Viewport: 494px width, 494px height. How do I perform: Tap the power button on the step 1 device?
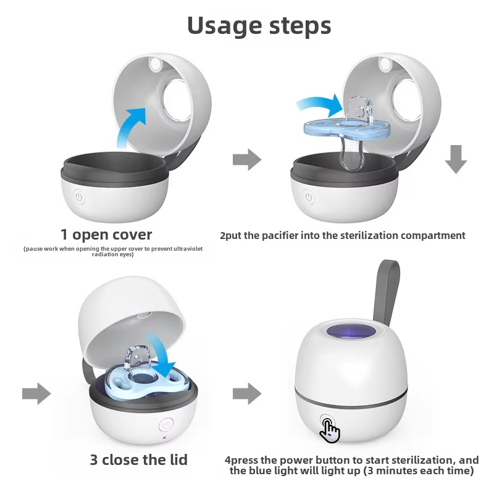(79, 197)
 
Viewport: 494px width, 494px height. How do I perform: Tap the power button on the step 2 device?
(309, 197)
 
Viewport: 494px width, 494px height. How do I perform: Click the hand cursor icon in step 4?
(330, 430)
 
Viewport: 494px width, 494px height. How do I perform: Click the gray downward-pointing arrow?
(456, 159)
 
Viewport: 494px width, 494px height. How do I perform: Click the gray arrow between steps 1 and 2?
(247, 159)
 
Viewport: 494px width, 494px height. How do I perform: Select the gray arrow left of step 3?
(36, 393)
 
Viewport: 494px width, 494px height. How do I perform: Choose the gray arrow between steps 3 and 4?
(247, 393)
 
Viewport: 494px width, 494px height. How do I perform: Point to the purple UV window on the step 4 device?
(351, 332)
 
